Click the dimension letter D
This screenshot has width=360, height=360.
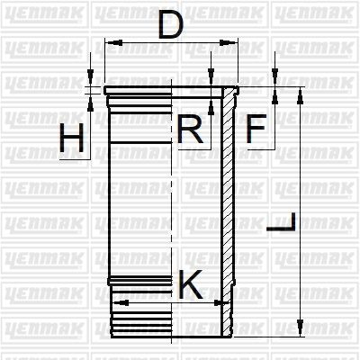pyautogui.click(x=171, y=25)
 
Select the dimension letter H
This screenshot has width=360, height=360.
pyautogui.click(x=71, y=138)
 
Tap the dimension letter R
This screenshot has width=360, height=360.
pyautogui.click(x=190, y=129)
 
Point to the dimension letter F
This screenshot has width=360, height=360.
pyautogui.click(x=256, y=129)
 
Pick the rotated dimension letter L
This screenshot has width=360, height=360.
pyautogui.click(x=281, y=222)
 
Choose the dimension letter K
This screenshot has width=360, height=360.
pyautogui.click(x=191, y=284)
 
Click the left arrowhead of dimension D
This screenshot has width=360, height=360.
pyautogui.click(x=114, y=42)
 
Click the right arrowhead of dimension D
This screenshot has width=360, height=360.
pyautogui.click(x=228, y=42)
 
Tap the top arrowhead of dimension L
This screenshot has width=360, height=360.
pyautogui.click(x=299, y=96)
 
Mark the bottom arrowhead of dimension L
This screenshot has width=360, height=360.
pyautogui.click(x=299, y=328)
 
